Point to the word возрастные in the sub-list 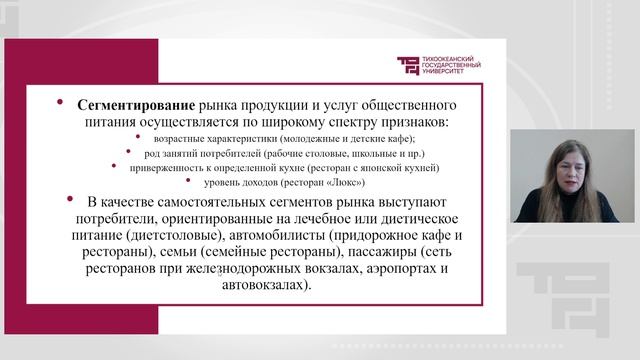tap(173, 139)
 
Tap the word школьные tap(358, 154)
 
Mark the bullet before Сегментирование tap(60, 103)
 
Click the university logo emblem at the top tap(410, 65)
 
